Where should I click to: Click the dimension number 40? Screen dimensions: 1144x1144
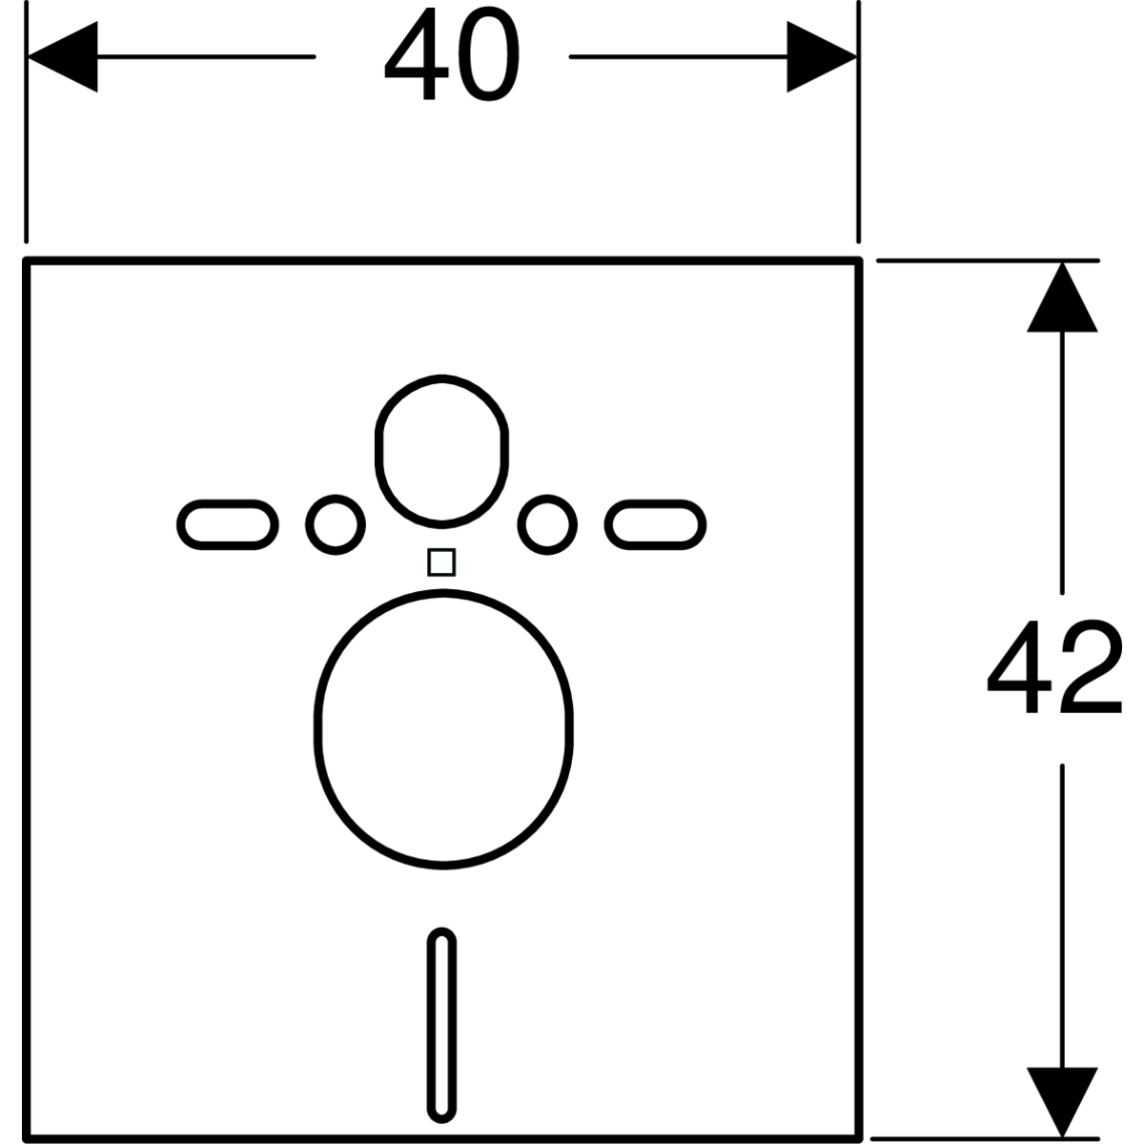click(452, 59)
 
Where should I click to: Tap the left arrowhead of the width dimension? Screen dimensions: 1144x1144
click(63, 58)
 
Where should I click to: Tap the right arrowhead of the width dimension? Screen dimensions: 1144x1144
click(821, 58)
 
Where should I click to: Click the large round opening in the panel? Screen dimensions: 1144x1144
click(444, 728)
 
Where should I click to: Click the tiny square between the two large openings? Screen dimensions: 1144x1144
click(440, 562)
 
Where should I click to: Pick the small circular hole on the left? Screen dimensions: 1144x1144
click(336, 523)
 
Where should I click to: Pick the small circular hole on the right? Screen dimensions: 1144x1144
click(548, 523)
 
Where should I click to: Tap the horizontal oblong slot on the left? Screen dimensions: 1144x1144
click(228, 524)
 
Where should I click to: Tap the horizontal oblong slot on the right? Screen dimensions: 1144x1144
click(656, 524)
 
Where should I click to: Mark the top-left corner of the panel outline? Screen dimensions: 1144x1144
click(28, 261)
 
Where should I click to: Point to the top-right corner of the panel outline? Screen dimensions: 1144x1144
click(861, 261)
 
